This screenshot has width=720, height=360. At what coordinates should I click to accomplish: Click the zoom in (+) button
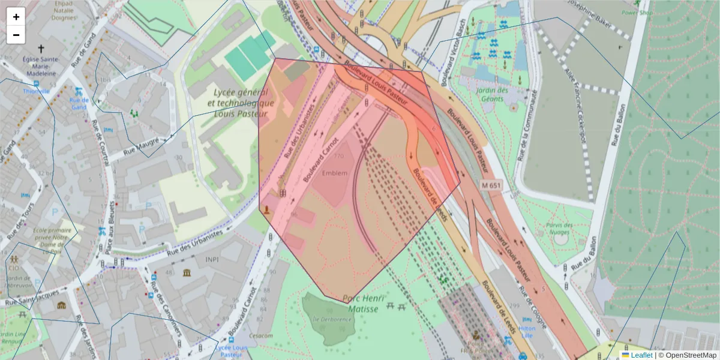coord(16,17)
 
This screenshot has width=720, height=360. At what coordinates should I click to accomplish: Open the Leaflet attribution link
coord(641,355)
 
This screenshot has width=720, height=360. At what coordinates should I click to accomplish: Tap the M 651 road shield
coord(490,185)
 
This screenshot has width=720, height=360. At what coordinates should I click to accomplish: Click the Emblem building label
coord(335,173)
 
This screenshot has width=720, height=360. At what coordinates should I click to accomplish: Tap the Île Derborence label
coord(328,319)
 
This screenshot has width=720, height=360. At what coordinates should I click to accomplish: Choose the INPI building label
coord(212,259)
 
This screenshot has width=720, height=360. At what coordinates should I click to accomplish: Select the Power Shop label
coord(637,12)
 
